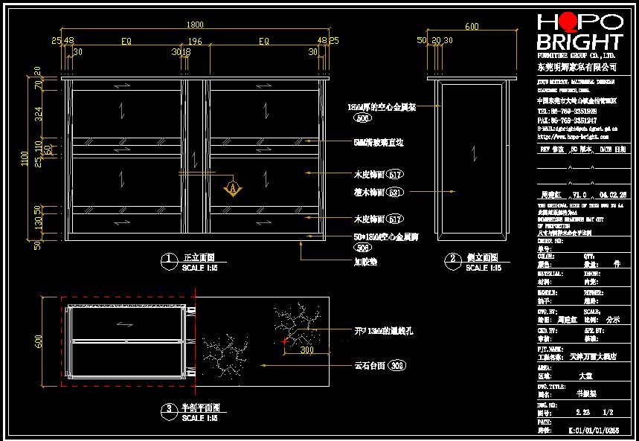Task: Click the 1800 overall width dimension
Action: (x=194, y=25)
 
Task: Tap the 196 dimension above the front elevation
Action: (x=195, y=41)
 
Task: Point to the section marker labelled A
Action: (x=234, y=188)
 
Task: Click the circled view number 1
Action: (x=169, y=259)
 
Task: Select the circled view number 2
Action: (x=453, y=259)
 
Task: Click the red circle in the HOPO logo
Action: (x=569, y=22)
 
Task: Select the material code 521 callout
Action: (x=395, y=193)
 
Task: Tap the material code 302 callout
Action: (x=396, y=366)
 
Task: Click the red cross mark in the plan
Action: (x=285, y=341)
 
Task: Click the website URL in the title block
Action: (x=572, y=137)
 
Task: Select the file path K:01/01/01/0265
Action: (x=593, y=430)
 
